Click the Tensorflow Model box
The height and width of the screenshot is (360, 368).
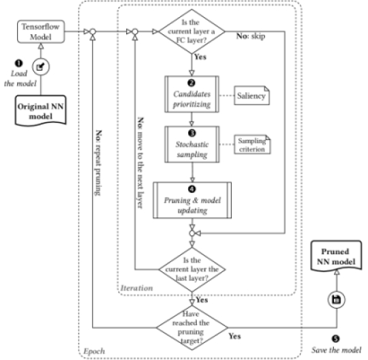(x=41, y=31)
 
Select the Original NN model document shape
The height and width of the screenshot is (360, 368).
(x=41, y=110)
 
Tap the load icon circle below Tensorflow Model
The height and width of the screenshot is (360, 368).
(x=41, y=67)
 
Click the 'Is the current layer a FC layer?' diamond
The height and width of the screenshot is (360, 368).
(x=191, y=31)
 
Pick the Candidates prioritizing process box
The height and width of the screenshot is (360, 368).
(x=191, y=94)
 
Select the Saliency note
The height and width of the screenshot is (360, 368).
(x=251, y=95)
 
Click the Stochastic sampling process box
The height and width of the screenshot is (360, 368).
(x=192, y=145)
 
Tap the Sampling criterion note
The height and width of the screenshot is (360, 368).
(x=252, y=145)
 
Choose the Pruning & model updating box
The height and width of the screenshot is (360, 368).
(x=192, y=200)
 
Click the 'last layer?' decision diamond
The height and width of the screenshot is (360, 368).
(x=192, y=269)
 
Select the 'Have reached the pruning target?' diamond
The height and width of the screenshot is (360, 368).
(x=191, y=327)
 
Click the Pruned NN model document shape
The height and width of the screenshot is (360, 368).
(x=336, y=256)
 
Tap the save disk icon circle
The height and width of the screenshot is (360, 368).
(x=337, y=300)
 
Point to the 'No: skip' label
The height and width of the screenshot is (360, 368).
(x=251, y=36)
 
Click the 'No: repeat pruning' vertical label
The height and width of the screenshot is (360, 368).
(x=98, y=163)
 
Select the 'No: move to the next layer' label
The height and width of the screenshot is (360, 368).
(x=140, y=162)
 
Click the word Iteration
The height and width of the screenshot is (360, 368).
(x=136, y=288)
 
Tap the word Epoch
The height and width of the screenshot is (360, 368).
(x=94, y=351)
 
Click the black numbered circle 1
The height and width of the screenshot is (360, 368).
(x=18, y=63)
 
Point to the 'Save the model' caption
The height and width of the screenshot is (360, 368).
(x=337, y=350)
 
